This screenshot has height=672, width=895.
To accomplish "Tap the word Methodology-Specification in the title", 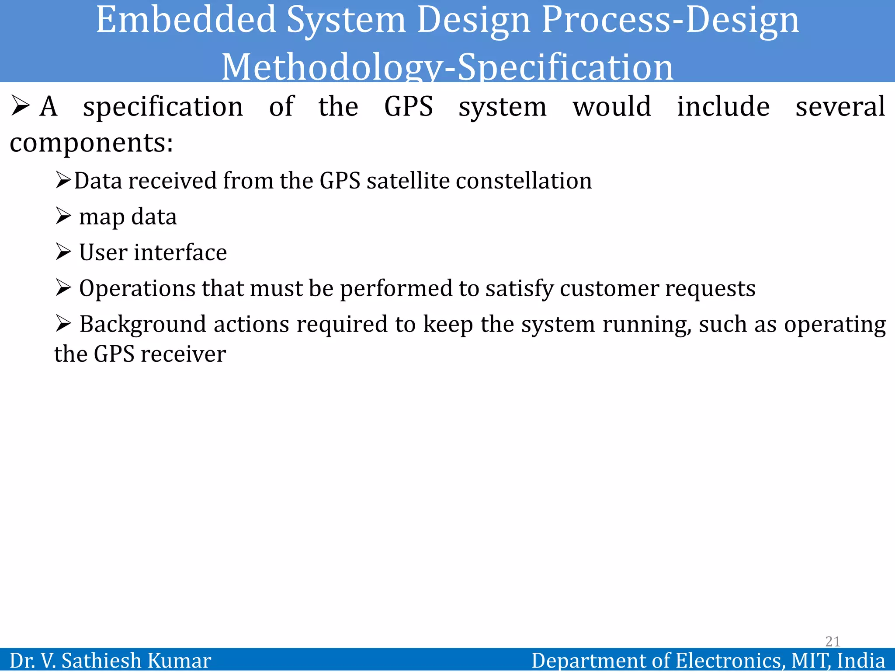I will [447, 67].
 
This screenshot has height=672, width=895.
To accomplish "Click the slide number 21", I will [833, 641].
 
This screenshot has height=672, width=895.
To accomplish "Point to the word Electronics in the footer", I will [729, 661].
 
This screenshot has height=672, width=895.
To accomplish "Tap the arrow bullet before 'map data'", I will [63, 216].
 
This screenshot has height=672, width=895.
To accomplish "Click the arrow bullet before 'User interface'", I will [63, 252].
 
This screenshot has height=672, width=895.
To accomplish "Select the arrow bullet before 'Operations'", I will [63, 288].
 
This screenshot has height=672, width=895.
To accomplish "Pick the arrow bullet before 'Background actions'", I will [63, 324].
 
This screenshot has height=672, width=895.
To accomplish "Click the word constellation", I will [524, 181].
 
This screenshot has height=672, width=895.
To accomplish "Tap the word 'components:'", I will [91, 143].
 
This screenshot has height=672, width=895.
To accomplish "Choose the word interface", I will [180, 252].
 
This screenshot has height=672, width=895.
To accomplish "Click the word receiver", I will [183, 354].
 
